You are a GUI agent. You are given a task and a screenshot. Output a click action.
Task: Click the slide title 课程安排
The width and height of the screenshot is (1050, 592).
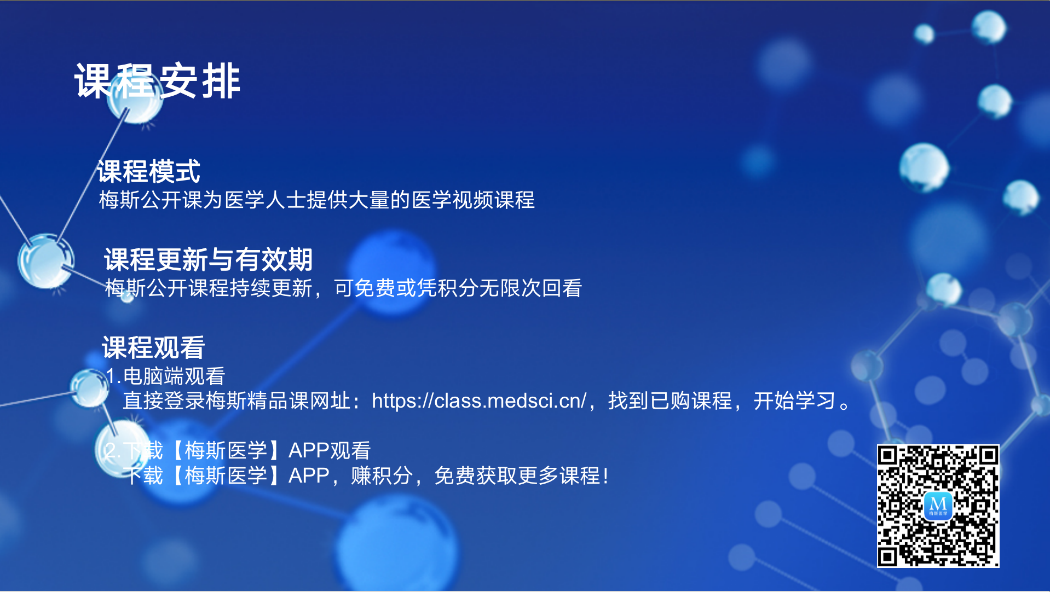coord(158,81)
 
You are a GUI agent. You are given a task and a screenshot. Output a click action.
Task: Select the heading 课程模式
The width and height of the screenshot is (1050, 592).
coord(149,171)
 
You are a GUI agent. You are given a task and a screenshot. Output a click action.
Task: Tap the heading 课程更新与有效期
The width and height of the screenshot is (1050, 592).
coord(209,259)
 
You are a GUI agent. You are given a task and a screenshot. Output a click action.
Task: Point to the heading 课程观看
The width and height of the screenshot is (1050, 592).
coord(153,347)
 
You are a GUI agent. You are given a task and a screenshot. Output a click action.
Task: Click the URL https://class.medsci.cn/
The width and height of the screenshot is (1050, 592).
coord(479,401)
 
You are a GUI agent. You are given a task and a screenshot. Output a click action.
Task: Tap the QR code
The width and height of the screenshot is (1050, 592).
coord(938,506)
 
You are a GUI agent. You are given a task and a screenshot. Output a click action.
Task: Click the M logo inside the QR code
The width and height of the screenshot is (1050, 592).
coord(938,506)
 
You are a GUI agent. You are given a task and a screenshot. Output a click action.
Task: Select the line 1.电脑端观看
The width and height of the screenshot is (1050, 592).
coord(165,376)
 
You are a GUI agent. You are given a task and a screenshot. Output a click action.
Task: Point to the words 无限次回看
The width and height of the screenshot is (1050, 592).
coord(530,288)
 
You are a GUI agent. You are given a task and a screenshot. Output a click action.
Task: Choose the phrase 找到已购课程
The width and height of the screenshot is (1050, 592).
coord(670,401)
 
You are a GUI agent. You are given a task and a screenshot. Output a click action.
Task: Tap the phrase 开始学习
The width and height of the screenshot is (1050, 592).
coord(794,401)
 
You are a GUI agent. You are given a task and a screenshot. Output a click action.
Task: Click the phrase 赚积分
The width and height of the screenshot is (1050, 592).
coord(382,475)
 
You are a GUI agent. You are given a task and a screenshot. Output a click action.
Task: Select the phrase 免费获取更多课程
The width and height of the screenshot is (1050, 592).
coord(517,475)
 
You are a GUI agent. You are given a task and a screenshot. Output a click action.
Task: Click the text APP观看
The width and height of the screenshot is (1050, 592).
coord(330,450)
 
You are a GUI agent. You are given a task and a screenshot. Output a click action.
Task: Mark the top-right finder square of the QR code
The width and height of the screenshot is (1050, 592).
coord(989,455)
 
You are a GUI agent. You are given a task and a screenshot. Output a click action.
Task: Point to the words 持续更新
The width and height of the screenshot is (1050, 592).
coord(271,288)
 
